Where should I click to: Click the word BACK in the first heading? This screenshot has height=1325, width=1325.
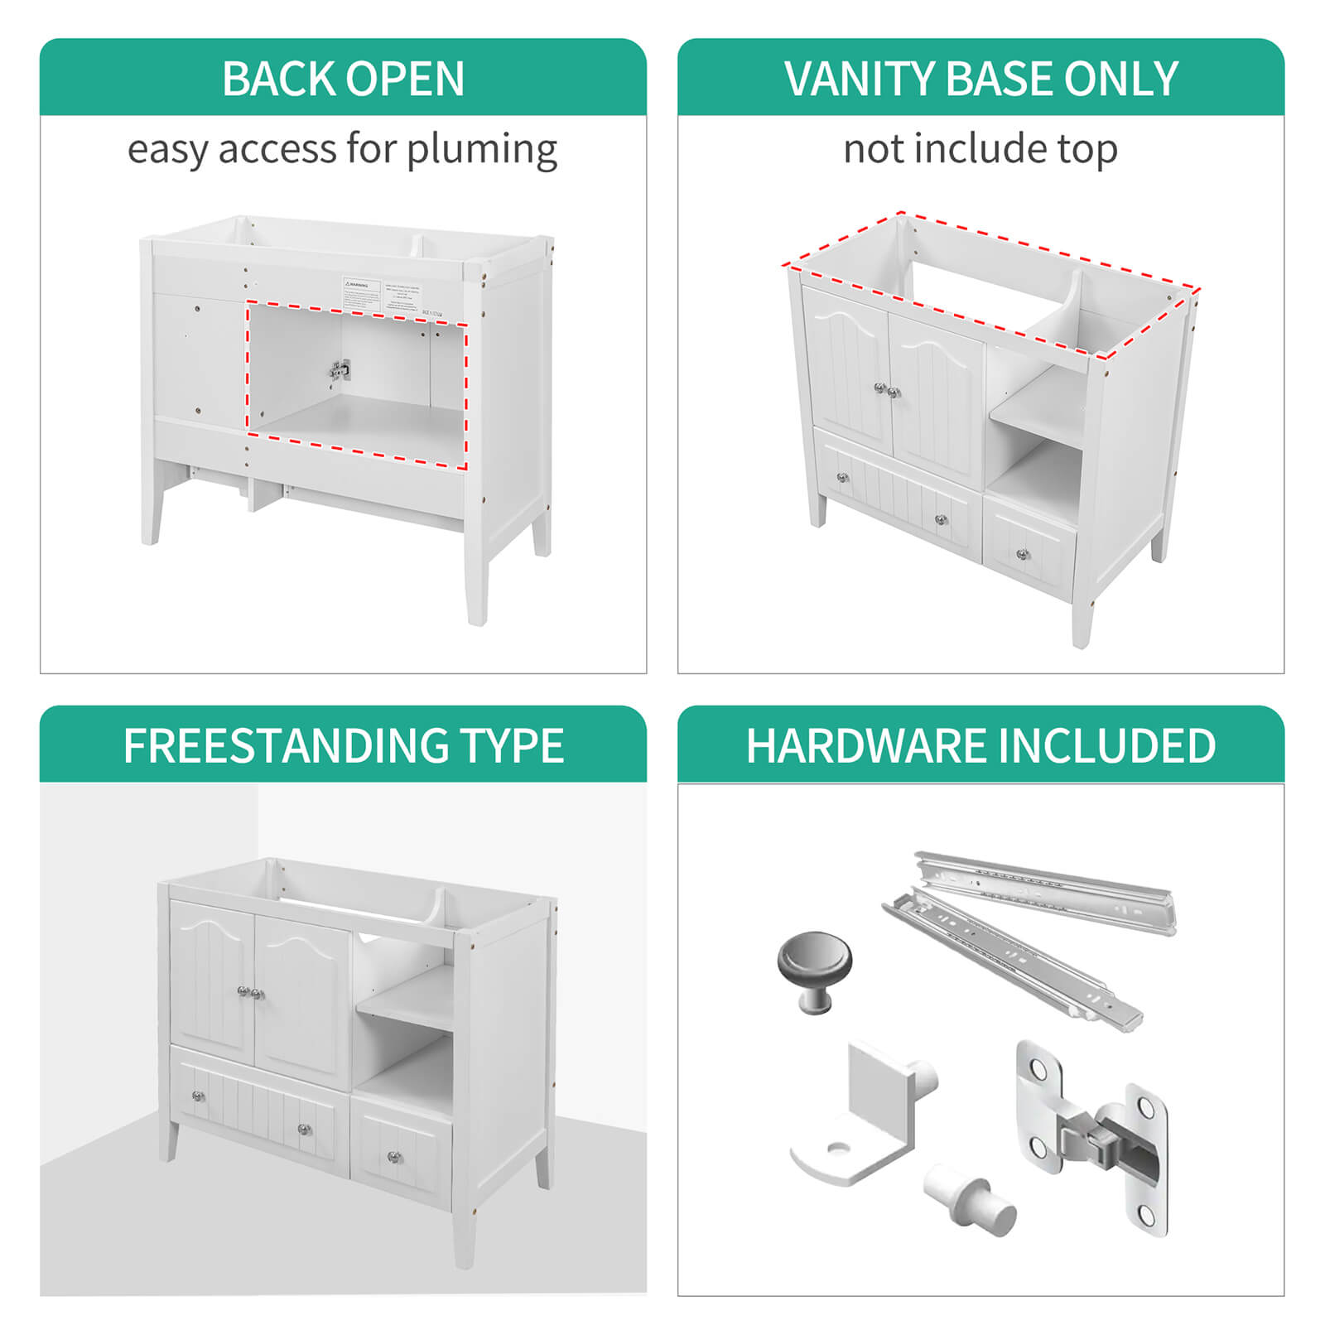(277, 79)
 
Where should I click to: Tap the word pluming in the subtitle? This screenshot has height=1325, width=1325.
(482, 151)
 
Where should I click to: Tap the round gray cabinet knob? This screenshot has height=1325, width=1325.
(814, 969)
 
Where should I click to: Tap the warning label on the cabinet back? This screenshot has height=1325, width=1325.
(363, 293)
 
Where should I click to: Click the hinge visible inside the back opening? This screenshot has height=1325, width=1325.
(340, 370)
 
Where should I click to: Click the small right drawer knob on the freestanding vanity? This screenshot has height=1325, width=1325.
(394, 1156)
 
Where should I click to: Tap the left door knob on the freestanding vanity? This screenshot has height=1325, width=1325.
(243, 991)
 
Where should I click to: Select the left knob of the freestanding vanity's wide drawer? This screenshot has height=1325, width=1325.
(199, 1096)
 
